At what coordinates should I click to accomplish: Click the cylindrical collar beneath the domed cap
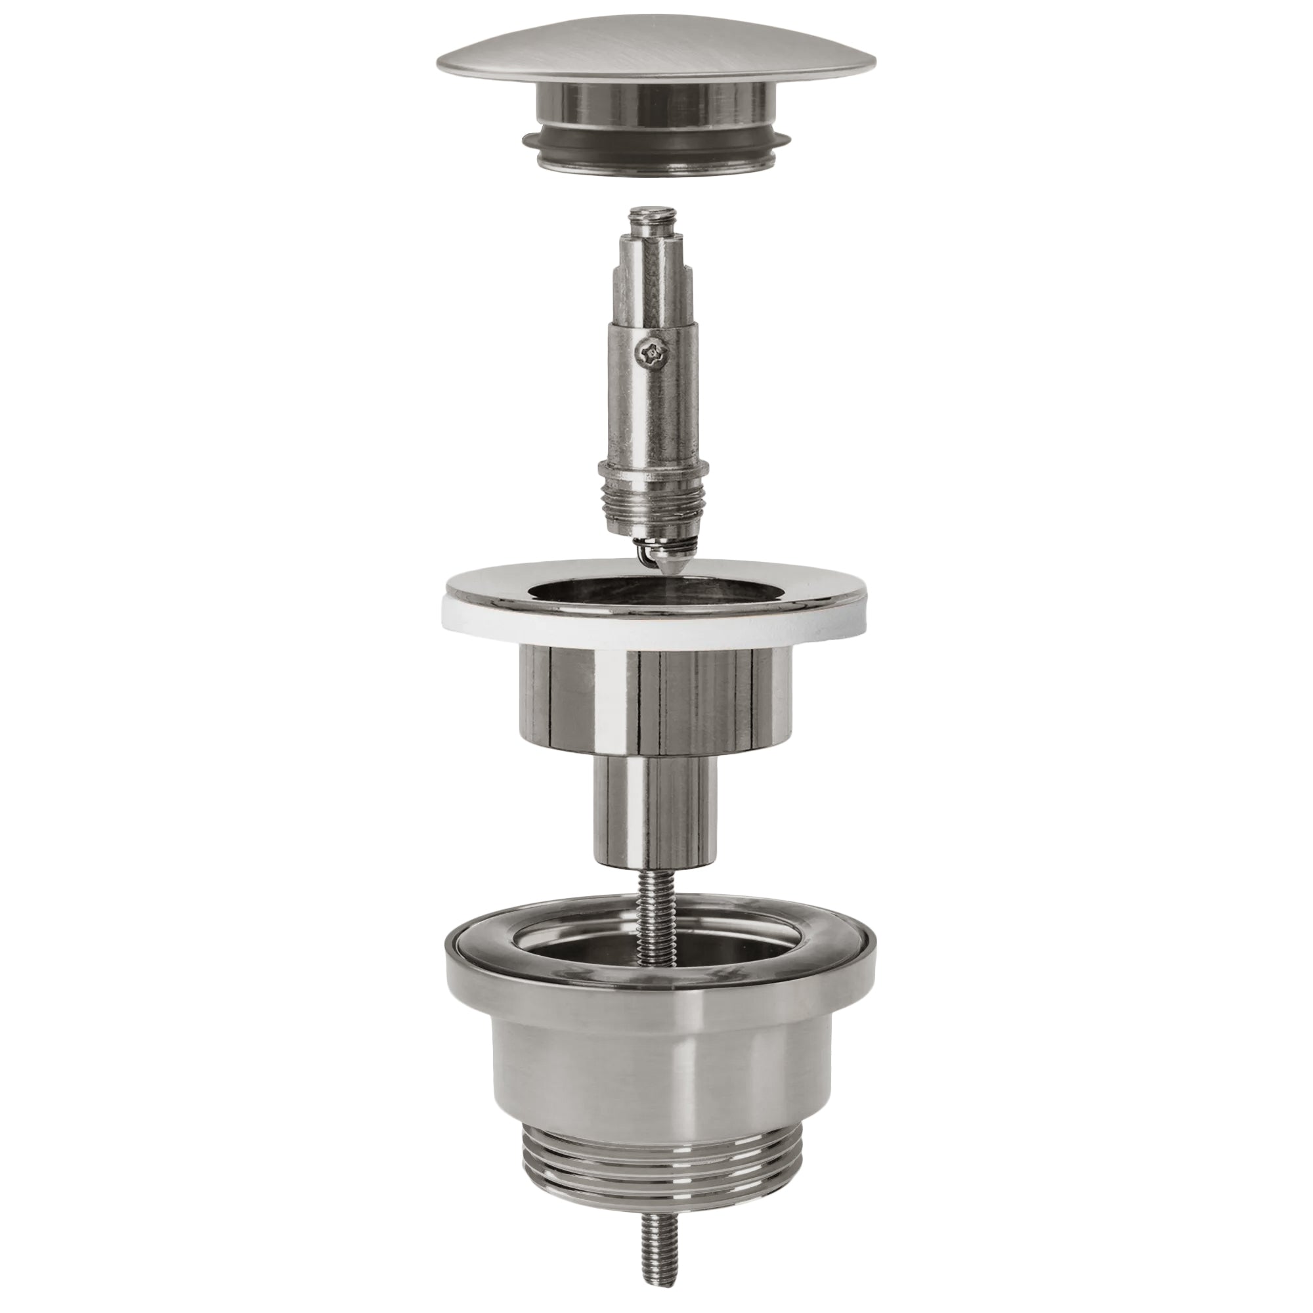656,109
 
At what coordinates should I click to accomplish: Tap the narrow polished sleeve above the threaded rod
656,809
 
